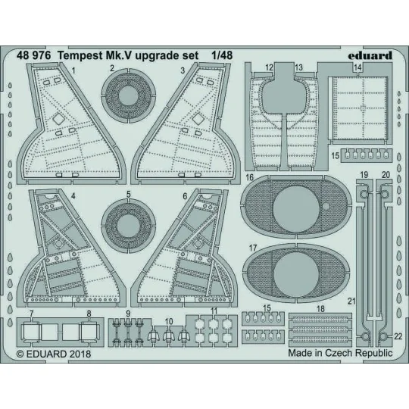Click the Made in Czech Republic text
pos(339,353)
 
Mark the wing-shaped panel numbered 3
pos(187,121)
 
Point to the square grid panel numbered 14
pos(357,107)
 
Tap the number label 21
pos(351,301)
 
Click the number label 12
pos(270,67)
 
